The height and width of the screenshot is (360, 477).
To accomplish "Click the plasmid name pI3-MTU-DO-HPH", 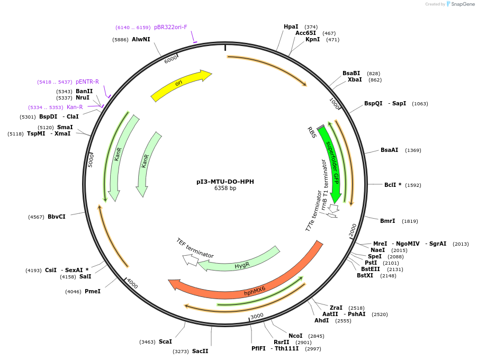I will tap(225, 182).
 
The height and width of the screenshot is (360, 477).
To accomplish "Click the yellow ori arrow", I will tap(181, 85).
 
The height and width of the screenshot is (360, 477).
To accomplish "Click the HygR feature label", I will tap(241, 265).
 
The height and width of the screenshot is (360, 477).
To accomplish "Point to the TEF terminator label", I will tap(194, 248).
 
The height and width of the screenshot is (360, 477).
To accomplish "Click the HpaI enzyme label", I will tap(291, 26).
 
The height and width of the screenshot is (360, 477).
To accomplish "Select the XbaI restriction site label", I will tap(355, 80).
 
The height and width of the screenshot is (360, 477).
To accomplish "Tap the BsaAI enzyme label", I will tap(389, 150).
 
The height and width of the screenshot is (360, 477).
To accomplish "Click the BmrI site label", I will tap(388, 221).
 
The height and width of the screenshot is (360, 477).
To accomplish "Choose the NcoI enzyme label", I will tap(295, 336).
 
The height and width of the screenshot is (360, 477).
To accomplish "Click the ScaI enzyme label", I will tap(165, 341).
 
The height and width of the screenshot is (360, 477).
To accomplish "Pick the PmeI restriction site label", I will tap(93, 291).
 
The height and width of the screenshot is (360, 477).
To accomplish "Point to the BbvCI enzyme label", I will tap(57, 217).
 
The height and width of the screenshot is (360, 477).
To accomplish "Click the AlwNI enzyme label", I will tap(141, 39).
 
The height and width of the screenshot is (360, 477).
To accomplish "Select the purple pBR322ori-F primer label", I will tap(170, 27).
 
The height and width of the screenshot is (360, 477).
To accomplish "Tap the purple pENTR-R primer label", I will tap(87, 82).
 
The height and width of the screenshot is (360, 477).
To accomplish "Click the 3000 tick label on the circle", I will tap(257, 316).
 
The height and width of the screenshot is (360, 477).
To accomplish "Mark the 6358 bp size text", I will tap(225, 188).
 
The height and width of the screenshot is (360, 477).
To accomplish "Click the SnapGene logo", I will tap(460, 4).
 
